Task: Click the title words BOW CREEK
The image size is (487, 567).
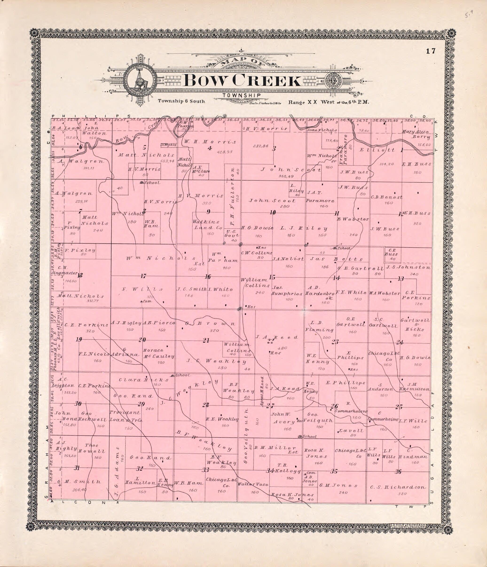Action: click(x=242, y=81)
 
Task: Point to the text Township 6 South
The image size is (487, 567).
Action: click(x=181, y=101)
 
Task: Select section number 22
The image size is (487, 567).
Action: click(x=270, y=341)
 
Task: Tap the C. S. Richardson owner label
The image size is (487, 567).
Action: click(x=398, y=487)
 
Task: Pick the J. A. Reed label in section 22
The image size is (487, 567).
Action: click(x=276, y=337)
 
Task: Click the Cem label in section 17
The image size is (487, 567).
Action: click(x=145, y=301)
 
